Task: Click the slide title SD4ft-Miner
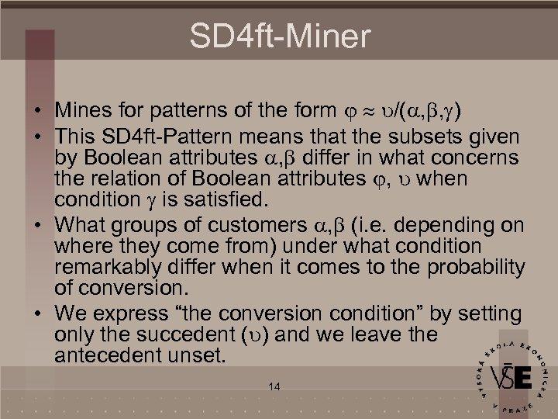point(280,35)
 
